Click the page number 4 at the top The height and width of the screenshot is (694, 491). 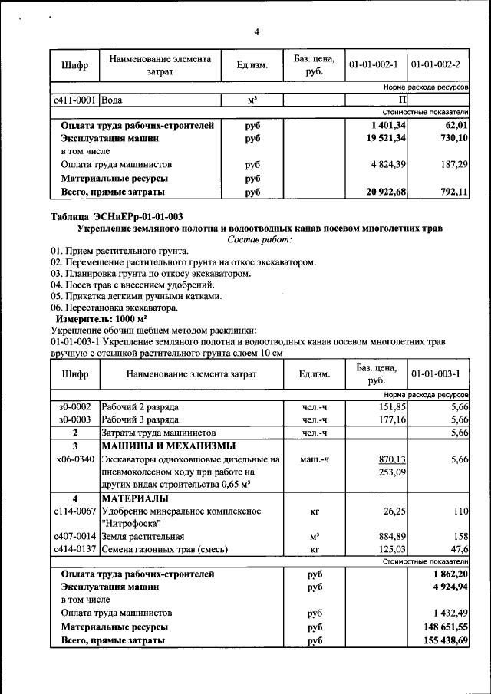(x=257, y=31)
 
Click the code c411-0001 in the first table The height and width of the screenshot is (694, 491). (x=74, y=100)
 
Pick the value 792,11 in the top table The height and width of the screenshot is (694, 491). (x=450, y=192)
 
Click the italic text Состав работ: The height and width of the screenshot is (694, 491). (x=259, y=240)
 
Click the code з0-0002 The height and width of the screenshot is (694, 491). (x=74, y=406)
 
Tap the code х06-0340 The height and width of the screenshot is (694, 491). (x=74, y=459)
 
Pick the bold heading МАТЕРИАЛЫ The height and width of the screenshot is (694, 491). (x=135, y=498)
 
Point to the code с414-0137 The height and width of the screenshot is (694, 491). (x=74, y=549)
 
